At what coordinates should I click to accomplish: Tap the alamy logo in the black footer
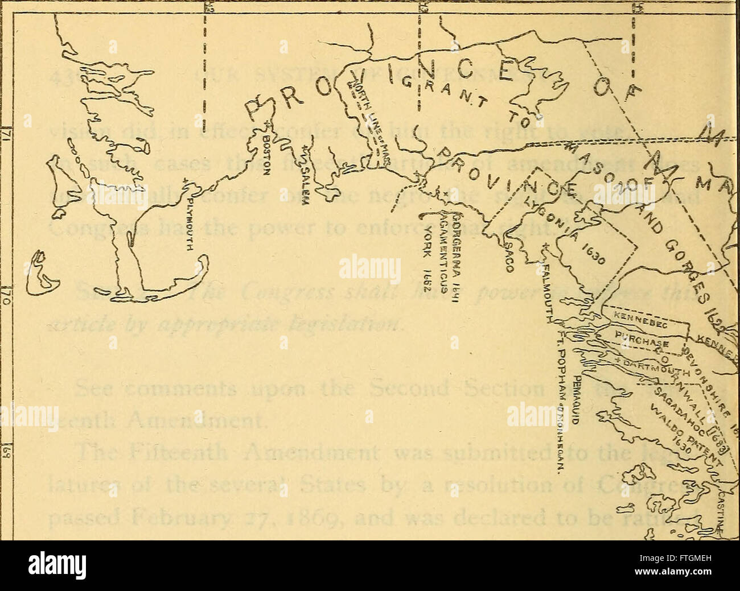tap(57, 566)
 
